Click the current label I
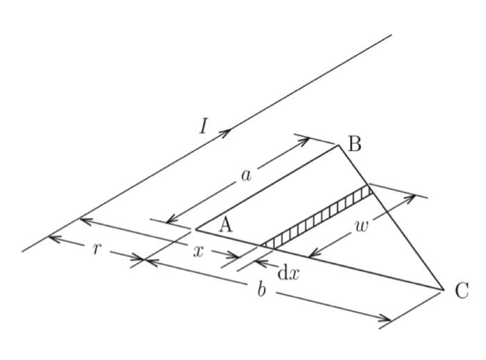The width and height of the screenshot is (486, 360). [x=203, y=126]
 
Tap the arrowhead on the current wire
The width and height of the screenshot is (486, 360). [x=227, y=131]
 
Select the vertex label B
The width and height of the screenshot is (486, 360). [x=354, y=144]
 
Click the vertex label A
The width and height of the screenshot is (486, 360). [x=225, y=224]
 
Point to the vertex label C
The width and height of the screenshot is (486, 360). [x=462, y=291]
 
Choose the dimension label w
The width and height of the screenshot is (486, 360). [x=362, y=226]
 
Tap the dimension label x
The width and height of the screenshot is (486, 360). [x=199, y=252]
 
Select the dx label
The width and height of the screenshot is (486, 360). [x=288, y=273]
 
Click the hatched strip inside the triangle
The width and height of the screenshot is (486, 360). [x=316, y=215]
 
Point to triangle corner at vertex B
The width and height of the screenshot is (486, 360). [x=338, y=145]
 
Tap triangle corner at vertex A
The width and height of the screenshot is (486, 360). [x=195, y=229]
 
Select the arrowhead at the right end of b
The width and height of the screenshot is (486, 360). [x=387, y=319]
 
